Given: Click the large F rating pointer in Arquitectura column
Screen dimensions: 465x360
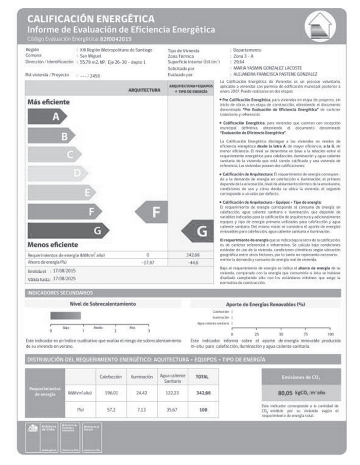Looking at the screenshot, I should [x=154, y=211].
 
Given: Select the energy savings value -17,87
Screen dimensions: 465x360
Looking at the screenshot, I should [x=148, y=262].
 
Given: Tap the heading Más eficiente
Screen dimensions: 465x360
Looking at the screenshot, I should [x=48, y=102].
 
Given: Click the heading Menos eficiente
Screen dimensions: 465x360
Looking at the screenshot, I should [x=52, y=245].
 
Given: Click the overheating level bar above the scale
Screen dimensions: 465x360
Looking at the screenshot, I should [x=66, y=316].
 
